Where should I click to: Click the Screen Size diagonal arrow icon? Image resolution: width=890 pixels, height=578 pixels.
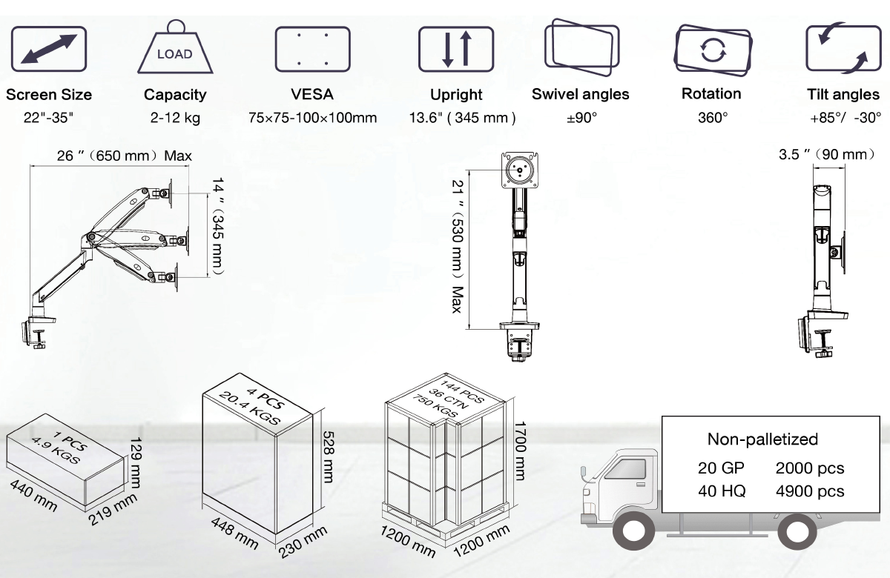pyautogui.click(x=49, y=50)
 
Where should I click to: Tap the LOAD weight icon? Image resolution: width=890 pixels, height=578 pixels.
pyautogui.click(x=174, y=50)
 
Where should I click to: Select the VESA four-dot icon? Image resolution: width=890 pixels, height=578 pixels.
pyautogui.click(x=312, y=50)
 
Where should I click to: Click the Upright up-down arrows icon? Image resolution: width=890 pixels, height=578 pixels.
pyautogui.click(x=455, y=50)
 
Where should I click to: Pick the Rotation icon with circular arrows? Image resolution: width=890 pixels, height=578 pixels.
pyautogui.click(x=711, y=50)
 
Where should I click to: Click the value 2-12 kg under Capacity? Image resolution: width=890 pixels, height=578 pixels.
pyautogui.click(x=174, y=118)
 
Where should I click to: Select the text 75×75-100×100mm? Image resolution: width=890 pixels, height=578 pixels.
pyautogui.click(x=312, y=118)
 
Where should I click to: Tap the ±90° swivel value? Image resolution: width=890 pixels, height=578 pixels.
pyautogui.click(x=581, y=118)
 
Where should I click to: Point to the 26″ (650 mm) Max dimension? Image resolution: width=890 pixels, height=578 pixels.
pyautogui.click(x=124, y=156)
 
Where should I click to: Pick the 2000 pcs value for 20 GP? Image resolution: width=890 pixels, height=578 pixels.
pyautogui.click(x=809, y=468)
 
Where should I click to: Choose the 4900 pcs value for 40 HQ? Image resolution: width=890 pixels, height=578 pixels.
pyautogui.click(x=809, y=491)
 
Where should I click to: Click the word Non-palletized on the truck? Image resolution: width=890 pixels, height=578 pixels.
pyautogui.click(x=762, y=439)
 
